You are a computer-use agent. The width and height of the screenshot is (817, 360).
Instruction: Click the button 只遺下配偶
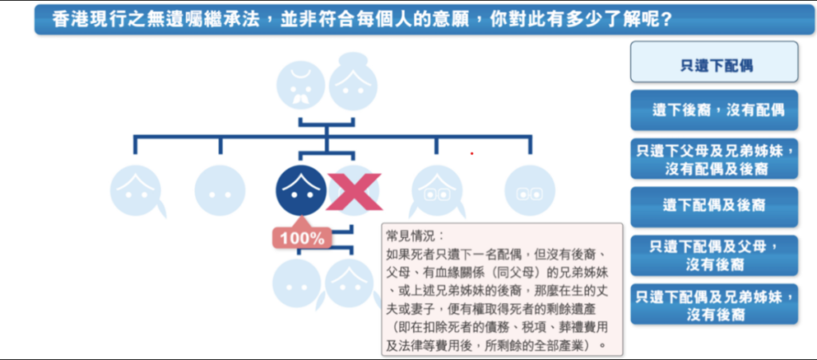coord(714,63)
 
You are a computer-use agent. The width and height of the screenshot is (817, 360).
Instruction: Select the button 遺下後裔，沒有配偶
coord(714,110)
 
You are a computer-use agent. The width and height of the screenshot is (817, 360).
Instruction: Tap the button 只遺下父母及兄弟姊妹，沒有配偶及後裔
coord(714,158)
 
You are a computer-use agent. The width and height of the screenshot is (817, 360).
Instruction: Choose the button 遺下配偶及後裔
coord(714,205)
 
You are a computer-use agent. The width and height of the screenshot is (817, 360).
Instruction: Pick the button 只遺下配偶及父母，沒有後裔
coord(714,254)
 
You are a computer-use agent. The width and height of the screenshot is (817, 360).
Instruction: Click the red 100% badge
coord(302,237)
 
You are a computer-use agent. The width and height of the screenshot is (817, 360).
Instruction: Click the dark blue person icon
coord(301,190)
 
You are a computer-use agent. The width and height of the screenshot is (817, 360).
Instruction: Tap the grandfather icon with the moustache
coord(301,85)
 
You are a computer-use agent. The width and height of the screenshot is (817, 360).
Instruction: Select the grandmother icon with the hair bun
coord(353,82)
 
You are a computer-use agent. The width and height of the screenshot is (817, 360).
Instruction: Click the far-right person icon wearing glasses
coord(529,190)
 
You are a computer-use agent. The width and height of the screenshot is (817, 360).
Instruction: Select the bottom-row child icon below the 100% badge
coord(297,283)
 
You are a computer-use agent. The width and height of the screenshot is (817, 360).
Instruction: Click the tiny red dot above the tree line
coord(472,153)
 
